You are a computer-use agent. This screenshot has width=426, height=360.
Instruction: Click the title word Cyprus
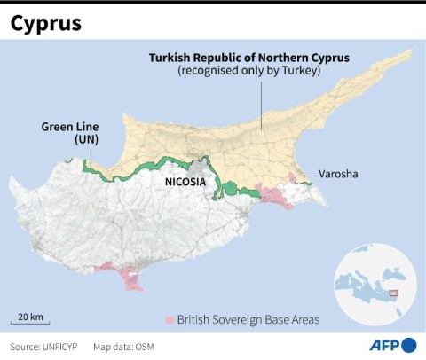click(46, 23)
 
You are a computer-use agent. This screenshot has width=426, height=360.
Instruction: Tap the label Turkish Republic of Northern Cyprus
click(249, 57)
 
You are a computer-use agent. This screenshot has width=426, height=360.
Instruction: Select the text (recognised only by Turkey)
click(249, 71)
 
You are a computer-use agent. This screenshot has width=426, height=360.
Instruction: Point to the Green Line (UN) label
click(68, 133)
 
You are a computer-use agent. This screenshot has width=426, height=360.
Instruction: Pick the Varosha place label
click(338, 174)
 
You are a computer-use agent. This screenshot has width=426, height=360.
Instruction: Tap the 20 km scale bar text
click(31, 317)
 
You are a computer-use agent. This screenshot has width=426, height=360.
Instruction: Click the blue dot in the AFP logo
click(409, 345)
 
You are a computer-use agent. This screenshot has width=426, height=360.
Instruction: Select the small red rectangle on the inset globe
click(395, 293)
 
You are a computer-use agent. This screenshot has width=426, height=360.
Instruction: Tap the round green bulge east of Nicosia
click(231, 188)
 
